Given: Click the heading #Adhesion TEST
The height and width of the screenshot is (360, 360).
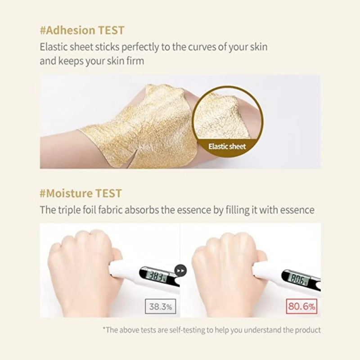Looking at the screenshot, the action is coord(82,30).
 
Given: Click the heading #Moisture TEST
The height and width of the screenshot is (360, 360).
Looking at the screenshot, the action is coord(81,193).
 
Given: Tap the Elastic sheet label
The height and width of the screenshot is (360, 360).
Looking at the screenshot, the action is coord(227,147).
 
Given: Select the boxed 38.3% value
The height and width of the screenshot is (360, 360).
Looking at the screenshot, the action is coord(161,306).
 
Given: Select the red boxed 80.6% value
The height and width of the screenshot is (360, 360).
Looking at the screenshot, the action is coord(301,306).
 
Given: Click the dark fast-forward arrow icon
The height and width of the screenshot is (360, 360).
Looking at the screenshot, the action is coord(181,271).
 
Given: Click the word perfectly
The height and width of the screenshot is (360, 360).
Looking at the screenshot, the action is coord(140,47).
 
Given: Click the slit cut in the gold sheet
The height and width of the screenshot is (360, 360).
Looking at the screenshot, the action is coord(133,158).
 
